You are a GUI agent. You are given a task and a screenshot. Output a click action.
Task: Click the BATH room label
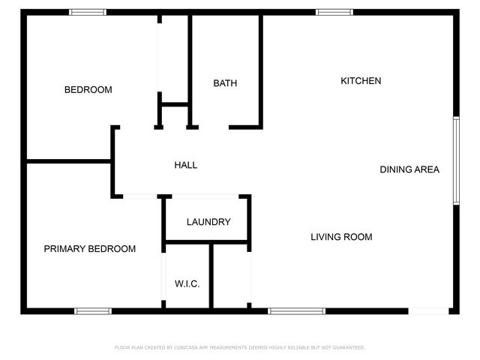[225, 83]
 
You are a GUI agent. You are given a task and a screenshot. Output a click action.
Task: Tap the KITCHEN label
[361, 81]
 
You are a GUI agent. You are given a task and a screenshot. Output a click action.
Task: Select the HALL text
[186, 165]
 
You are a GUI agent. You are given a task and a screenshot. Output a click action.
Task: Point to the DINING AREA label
[409, 169]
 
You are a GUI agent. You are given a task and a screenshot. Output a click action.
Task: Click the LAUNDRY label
[208, 222]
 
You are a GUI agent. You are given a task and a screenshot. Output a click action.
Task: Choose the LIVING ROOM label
[341, 237]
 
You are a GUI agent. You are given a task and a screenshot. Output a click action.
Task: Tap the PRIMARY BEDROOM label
[89, 249]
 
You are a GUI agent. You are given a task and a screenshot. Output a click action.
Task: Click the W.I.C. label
[187, 283]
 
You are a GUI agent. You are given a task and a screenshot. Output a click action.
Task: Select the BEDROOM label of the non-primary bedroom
[88, 90]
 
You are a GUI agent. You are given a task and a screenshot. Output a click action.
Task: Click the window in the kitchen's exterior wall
[334, 12]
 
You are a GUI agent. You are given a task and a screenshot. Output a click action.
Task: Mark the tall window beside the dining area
[455, 160]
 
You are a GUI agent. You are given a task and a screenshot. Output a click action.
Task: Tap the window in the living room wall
[297, 310]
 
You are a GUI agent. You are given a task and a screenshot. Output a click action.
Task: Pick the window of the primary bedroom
[92, 310]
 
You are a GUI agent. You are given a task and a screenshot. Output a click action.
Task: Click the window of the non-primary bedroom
[88, 12]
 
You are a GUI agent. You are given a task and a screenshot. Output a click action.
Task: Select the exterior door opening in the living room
[429, 310]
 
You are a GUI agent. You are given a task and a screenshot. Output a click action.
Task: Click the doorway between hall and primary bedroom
[140, 196]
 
